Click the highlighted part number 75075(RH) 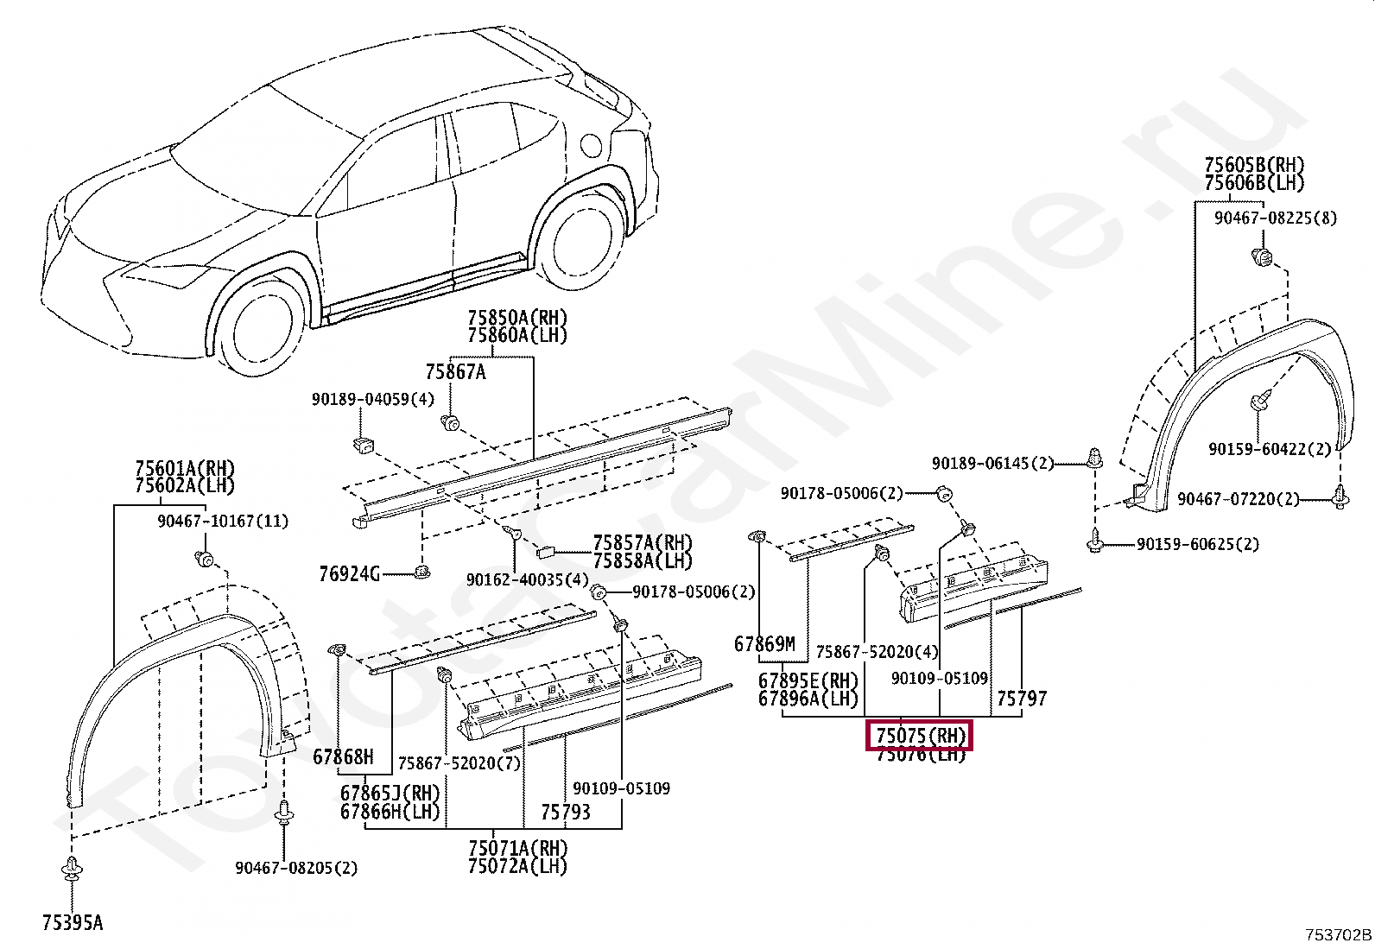(x=920, y=736)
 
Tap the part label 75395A (x=73, y=923)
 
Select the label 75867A (x=455, y=372)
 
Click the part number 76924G (x=349, y=574)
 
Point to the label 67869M (x=764, y=644)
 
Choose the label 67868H (x=343, y=757)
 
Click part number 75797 (x=1022, y=698)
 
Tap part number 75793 (x=566, y=812)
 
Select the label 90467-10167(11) (x=223, y=522)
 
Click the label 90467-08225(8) (x=1275, y=218)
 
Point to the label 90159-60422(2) (x=1270, y=449)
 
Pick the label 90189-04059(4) (x=373, y=399)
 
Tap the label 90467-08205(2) (x=296, y=868)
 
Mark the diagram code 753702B (x=1338, y=934)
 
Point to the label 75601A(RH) (x=185, y=468)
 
